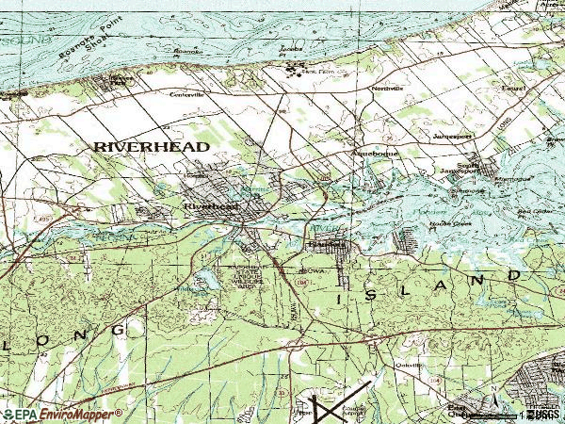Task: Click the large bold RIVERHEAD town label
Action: pos(151,147)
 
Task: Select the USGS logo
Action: pos(543,414)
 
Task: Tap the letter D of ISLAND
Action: pos(514,275)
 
